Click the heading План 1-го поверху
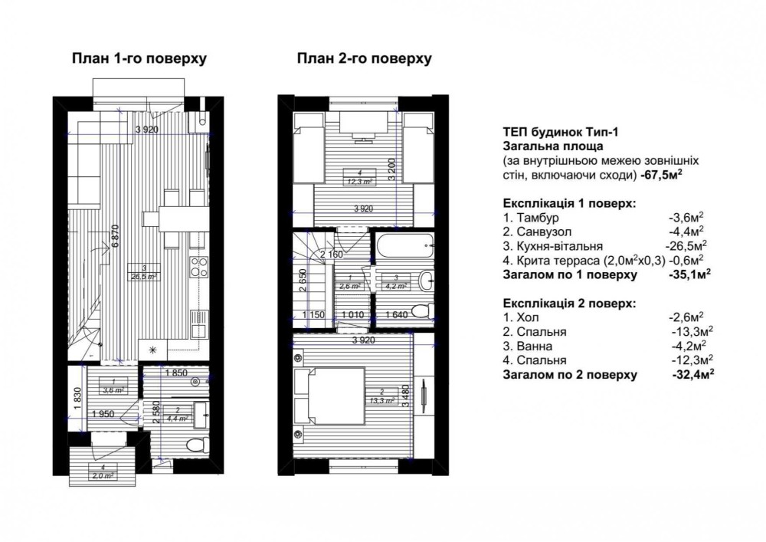[139, 58]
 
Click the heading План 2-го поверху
[365, 58]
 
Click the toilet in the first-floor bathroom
[197, 445]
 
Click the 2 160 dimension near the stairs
[332, 255]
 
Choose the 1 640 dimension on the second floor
[397, 315]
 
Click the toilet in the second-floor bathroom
[422, 310]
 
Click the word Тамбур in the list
[538, 218]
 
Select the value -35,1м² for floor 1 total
[689, 274]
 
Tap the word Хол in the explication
[528, 317]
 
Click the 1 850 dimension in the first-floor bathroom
[177, 373]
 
